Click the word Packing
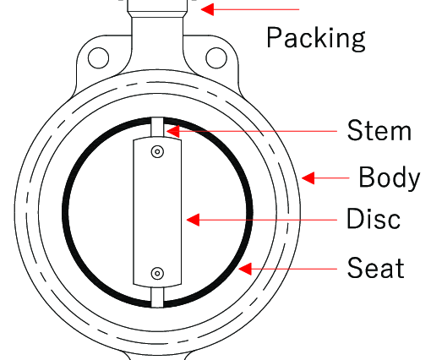pyautogui.click(x=316, y=39)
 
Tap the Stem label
pyautogui.click(x=379, y=130)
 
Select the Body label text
pyautogui.click(x=390, y=177)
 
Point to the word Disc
pyautogui.click(x=374, y=218)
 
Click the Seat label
pyautogui.click(x=375, y=268)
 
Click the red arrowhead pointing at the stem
pyautogui.click(x=172, y=131)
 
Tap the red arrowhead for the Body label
pyautogui.click(x=308, y=178)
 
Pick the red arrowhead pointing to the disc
pyautogui.click(x=193, y=220)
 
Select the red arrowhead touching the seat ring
pyautogui.click(x=245, y=269)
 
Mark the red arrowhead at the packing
pyautogui.click(x=207, y=9)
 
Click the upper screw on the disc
pyautogui.click(x=157, y=151)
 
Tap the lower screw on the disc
pyautogui.click(x=157, y=273)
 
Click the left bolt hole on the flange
pyautogui.click(x=99, y=58)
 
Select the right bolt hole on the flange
pyautogui.click(x=216, y=58)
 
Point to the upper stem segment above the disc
pyautogui.click(x=157, y=128)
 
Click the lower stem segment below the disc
pyautogui.click(x=157, y=297)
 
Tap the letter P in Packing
pyautogui.click(x=275, y=37)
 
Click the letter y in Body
pyautogui.click(x=413, y=182)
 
